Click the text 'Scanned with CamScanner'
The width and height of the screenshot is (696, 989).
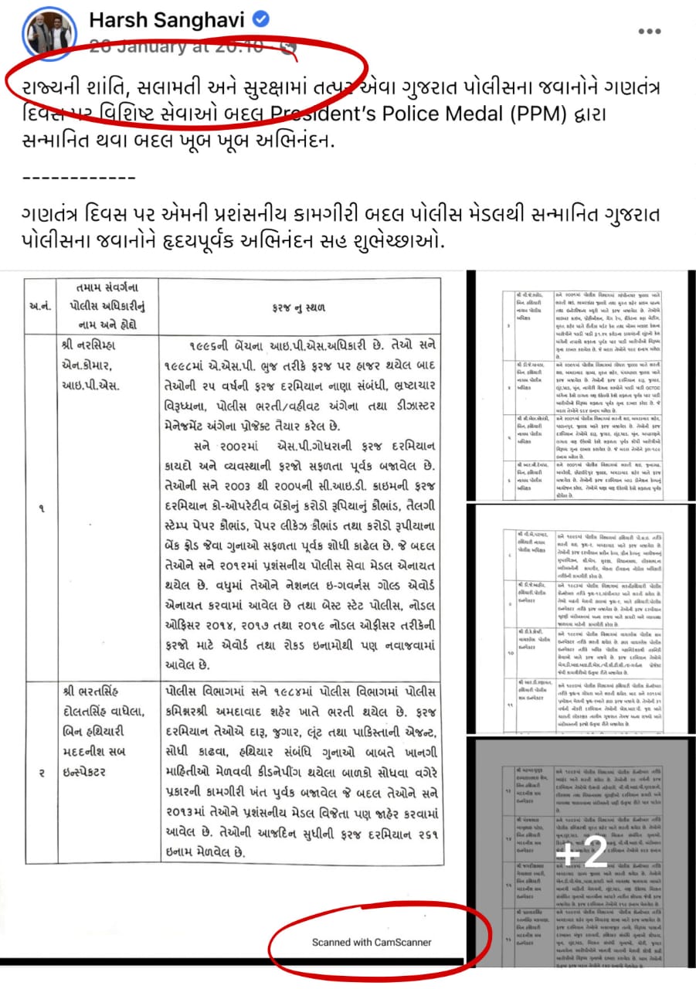372,942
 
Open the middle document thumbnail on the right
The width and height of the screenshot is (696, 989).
579,619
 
